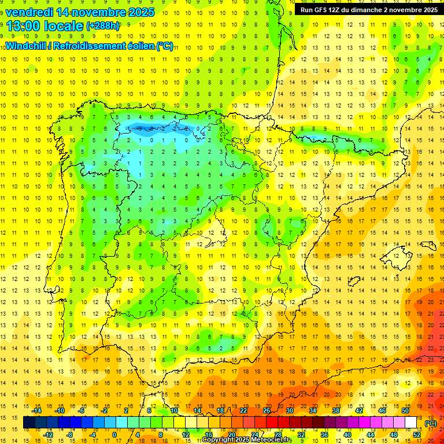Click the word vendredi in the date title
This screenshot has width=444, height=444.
pos(29,12)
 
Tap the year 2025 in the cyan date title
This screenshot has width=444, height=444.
pos(139,12)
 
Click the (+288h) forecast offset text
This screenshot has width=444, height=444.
pos(103,26)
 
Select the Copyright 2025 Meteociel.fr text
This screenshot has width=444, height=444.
pos(247,440)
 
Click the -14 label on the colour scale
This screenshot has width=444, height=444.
pos(37,410)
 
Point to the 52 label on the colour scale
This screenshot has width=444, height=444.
pos(417,435)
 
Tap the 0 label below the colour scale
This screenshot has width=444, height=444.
pos(114,435)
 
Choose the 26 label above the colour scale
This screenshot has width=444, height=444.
pos(267,410)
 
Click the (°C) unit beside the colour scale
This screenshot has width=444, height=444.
pos(431,423)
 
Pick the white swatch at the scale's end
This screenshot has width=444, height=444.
pos(411,423)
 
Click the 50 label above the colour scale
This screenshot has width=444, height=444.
pos(405,410)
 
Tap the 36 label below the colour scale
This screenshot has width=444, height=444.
pos(324,435)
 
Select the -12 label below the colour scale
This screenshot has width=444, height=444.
pos(48,435)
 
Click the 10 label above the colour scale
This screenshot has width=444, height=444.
pos(174,410)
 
